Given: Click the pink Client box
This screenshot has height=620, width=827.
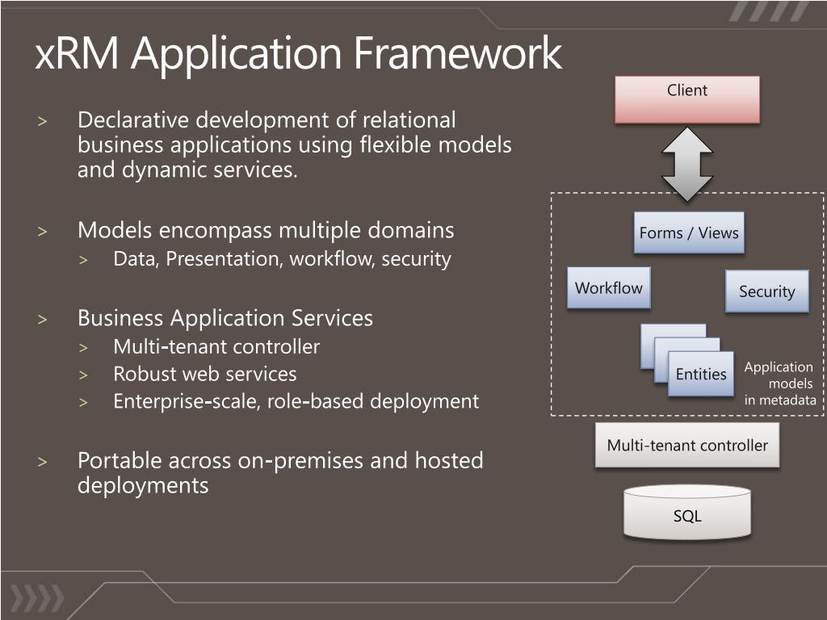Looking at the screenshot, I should coord(687,99).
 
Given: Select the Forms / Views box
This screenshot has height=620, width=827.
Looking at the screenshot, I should coord(689,233).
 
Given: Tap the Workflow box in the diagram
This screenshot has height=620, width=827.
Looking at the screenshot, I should coord(609,288).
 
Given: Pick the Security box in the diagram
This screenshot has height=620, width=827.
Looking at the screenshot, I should coord(766,291).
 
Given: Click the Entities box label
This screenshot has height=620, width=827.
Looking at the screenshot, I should coord(701,374).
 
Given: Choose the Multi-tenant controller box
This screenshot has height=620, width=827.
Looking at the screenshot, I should coord(687,445).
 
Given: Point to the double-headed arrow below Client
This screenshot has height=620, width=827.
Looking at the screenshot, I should coord(687,163).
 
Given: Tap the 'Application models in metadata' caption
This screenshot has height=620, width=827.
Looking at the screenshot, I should coord(779,383).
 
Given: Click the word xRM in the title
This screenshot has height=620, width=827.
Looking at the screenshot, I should coord(78,54).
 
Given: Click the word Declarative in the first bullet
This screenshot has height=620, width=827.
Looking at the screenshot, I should coord(133,120).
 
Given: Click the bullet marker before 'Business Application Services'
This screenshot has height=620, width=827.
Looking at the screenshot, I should coord(43,319).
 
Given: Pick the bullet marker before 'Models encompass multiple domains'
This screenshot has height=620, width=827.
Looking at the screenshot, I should coord(43,232).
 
